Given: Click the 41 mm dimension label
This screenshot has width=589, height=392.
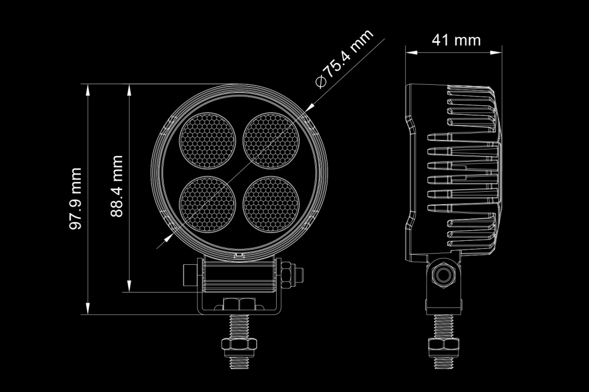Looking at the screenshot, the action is pos(456,40).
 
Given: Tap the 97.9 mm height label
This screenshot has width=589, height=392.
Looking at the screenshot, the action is pos(75,198).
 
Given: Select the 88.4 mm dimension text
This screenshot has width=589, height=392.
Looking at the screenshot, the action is pos(117,186).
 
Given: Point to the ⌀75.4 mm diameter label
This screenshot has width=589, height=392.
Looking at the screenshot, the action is pos(344,59).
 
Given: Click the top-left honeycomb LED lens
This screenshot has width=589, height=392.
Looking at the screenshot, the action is pos(207,141).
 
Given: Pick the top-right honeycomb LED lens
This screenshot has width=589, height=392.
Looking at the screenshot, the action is pos(271,141).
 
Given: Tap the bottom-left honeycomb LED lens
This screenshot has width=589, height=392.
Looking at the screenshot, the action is pos(207,204).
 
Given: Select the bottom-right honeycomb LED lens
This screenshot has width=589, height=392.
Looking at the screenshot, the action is pos(271,204).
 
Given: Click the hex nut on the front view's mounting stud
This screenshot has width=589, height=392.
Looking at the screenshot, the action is pos(239,344).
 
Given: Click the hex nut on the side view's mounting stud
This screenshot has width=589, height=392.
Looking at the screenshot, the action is pos(444,344).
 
